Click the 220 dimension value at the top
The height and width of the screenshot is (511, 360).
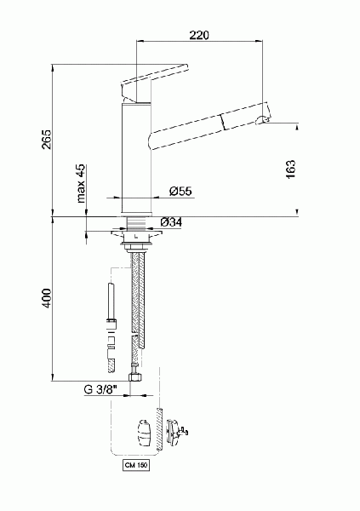[x=199, y=35]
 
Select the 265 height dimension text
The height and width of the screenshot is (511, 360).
[x=47, y=140]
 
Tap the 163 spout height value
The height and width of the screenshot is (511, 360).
[x=290, y=169]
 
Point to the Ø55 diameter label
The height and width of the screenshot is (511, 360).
[x=180, y=191]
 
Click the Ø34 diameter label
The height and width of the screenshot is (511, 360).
[x=171, y=222]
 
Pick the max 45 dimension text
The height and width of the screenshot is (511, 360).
[x=81, y=183]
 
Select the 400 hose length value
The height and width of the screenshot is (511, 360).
[x=47, y=298]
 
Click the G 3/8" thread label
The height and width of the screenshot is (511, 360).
[x=100, y=389]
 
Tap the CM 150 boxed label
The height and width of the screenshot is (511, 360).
[x=136, y=465]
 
